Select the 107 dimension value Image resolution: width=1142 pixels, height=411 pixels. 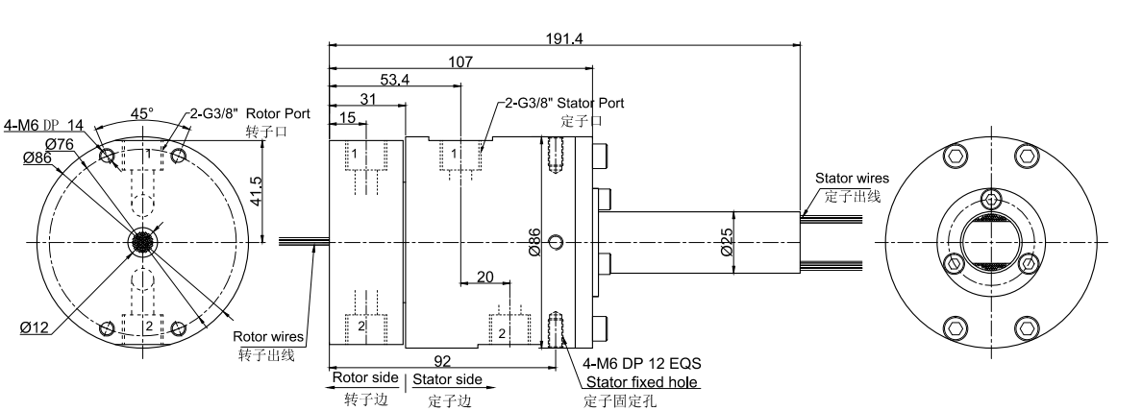tap(460, 62)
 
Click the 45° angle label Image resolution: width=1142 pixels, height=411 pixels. tap(141, 113)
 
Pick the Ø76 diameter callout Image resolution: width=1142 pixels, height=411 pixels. tap(61, 143)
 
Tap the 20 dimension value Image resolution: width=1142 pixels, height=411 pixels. tap(485, 277)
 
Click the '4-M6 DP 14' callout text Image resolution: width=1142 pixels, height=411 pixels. tap(44, 124)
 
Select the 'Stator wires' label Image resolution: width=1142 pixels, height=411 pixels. tap(852, 178)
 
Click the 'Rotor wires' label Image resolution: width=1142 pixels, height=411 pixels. tap(268, 336)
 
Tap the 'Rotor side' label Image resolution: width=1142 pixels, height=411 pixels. tap(364, 378)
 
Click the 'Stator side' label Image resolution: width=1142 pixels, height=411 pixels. tap(447, 379)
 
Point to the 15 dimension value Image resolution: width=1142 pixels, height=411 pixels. tap(347, 116)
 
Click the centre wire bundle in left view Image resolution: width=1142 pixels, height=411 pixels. tap(142, 244)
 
